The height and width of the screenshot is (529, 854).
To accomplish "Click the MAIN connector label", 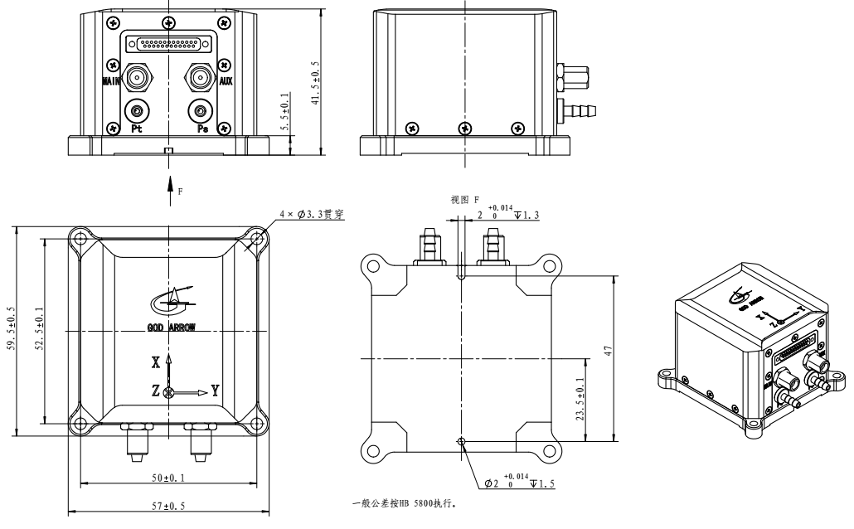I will tap(112, 81).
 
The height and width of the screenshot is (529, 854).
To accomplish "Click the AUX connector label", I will tap(225, 81).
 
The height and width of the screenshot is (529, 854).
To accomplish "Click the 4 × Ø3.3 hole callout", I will tap(311, 214).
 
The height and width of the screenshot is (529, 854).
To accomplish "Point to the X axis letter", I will tap(155, 362).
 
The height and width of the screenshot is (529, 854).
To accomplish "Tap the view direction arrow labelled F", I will tap(170, 183).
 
